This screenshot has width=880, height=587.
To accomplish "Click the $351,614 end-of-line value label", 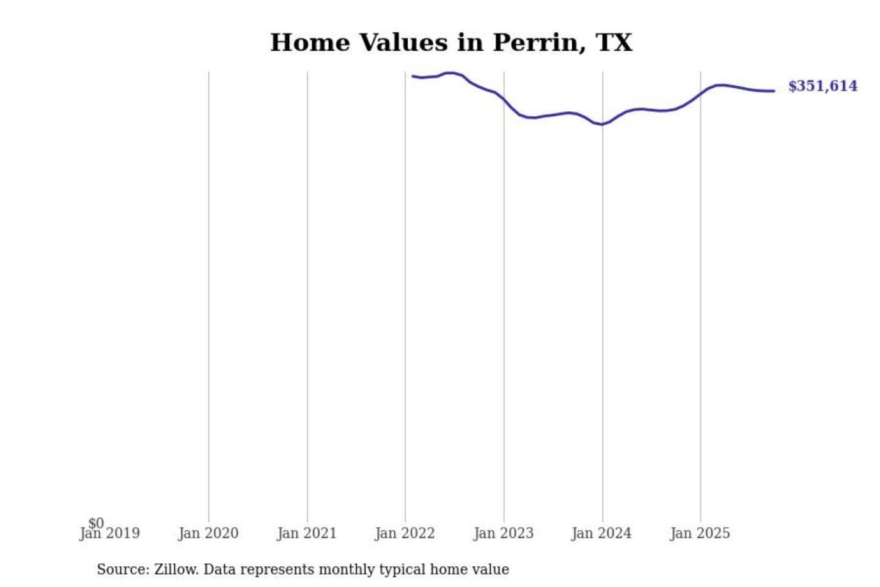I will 823,86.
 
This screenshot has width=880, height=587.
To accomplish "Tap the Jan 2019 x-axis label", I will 110,534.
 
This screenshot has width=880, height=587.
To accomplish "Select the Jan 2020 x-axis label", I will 208,534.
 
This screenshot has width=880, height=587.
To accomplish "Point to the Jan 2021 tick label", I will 307,534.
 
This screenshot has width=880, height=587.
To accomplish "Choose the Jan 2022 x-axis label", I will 405,534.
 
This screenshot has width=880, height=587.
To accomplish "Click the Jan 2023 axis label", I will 504,534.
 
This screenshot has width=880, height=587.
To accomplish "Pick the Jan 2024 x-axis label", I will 601,534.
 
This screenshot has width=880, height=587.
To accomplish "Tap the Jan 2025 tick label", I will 700,534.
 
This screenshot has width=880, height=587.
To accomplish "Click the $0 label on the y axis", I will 96,523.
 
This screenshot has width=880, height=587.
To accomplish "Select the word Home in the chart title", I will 310,43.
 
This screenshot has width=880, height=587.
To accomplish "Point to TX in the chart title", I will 614,43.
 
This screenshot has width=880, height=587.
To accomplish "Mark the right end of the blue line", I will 774,91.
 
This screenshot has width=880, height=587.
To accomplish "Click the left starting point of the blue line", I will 413,76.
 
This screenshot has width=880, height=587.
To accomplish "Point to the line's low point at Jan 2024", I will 602,125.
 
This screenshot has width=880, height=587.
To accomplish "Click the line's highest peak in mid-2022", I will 450,73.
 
